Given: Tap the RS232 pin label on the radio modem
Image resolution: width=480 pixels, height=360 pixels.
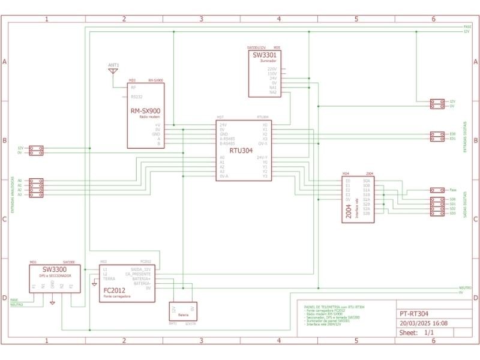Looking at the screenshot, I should [x=136, y=97].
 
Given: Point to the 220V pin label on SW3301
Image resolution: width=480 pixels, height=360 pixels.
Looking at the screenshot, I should [x=272, y=69].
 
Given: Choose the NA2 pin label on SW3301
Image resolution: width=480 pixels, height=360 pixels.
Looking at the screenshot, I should [x=273, y=92].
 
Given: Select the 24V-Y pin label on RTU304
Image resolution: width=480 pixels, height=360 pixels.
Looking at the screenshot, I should [x=262, y=157].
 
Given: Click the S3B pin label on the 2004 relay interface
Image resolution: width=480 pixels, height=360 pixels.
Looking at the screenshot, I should [x=366, y=213].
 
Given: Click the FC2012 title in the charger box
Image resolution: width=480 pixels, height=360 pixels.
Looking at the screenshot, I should [x=114, y=290].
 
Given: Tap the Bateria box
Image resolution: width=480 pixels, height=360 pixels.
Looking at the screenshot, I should [x=182, y=311].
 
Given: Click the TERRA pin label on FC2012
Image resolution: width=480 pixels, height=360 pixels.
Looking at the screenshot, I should [x=109, y=279].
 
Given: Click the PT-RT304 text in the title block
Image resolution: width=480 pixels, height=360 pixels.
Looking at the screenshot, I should [x=414, y=313].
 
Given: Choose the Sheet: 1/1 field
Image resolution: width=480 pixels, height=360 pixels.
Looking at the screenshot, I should [x=417, y=332].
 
